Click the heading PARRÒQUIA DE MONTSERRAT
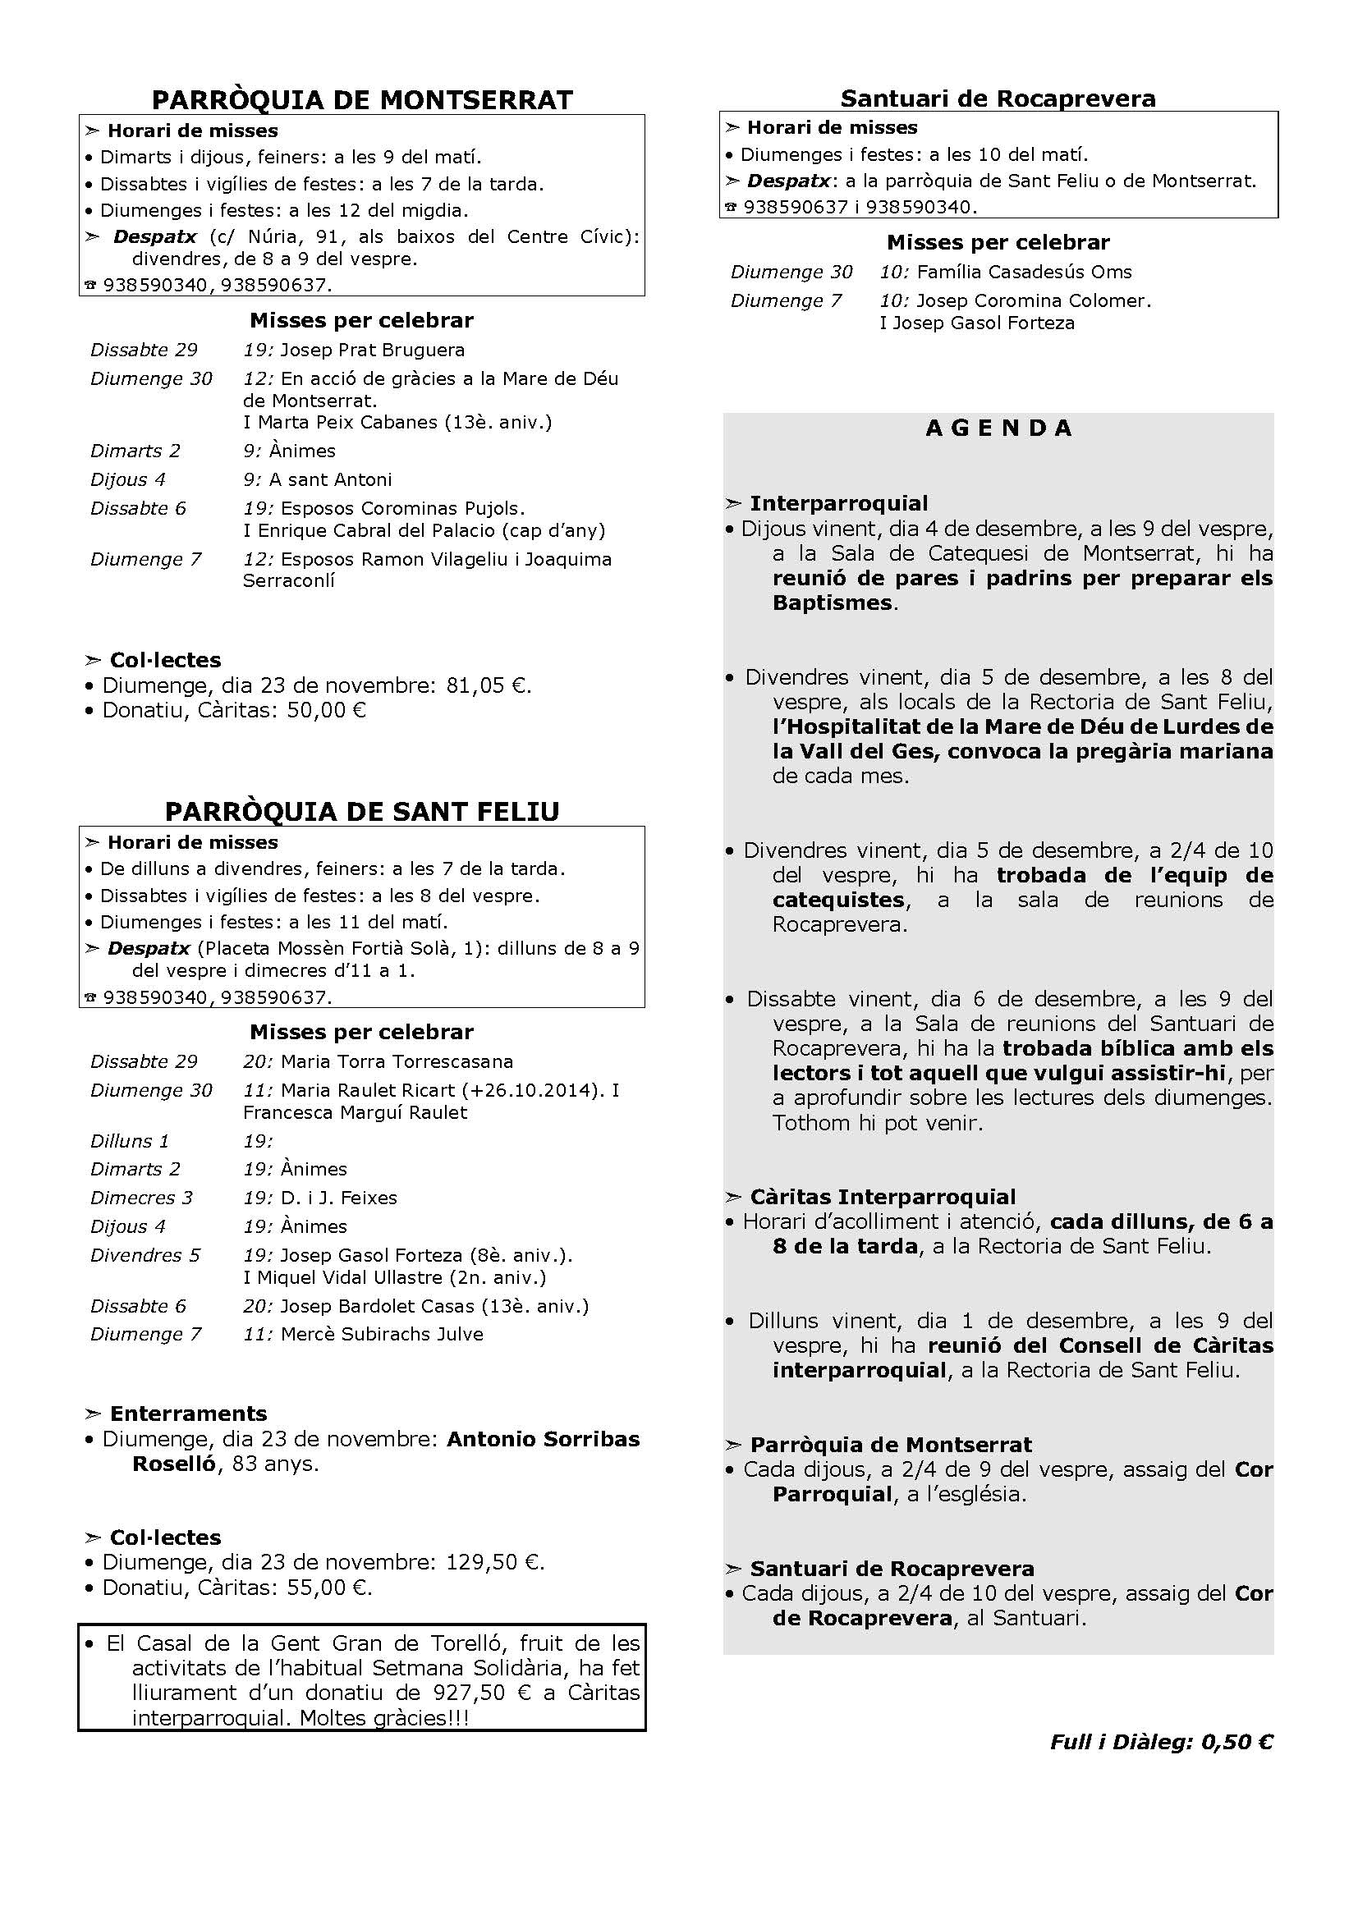pyautogui.click(x=362, y=100)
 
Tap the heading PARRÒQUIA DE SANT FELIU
pyautogui.click(x=362, y=812)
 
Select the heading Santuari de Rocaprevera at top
pyautogui.click(x=998, y=99)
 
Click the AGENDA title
pyautogui.click(x=998, y=428)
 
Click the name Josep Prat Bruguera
pyautogui.click(x=372, y=350)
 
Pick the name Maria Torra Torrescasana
pyautogui.click(x=397, y=1061)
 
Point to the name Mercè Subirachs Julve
pyautogui.click(x=381, y=1334)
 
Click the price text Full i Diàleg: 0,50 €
pyautogui.click(x=1162, y=1742)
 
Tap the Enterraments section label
pyautogui.click(x=188, y=1414)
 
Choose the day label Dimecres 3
pyautogui.click(x=141, y=1198)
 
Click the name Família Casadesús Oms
pyautogui.click(x=1024, y=272)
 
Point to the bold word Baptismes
pyautogui.click(x=833, y=603)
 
